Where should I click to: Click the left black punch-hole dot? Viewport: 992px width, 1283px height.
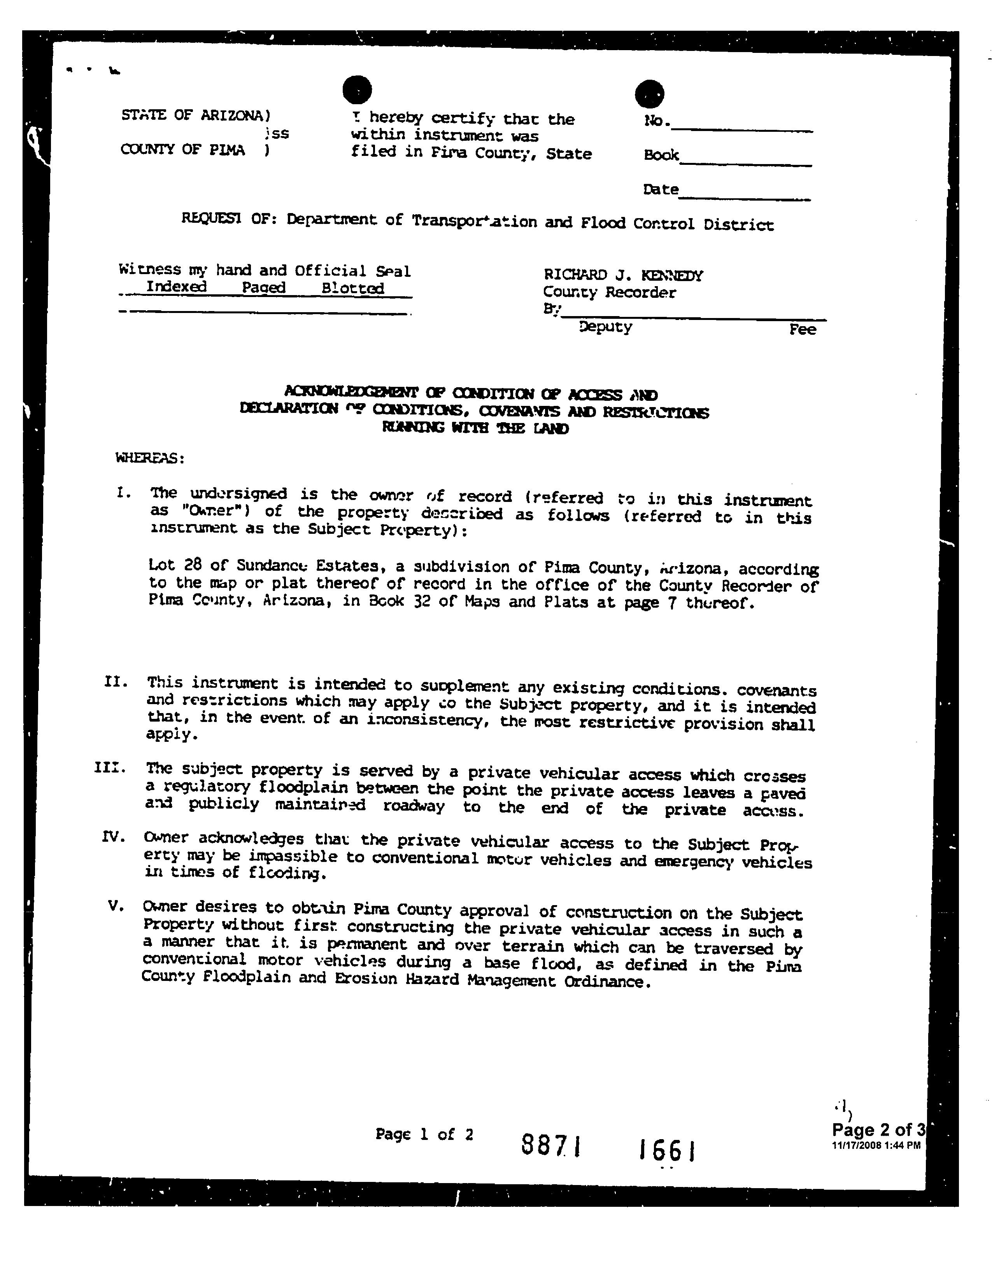(357, 90)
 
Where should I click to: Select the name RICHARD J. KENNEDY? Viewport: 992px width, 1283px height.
(623, 275)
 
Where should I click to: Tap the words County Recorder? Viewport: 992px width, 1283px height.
(609, 292)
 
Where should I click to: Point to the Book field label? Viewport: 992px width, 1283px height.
(661, 155)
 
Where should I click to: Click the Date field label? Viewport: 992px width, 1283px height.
(661, 190)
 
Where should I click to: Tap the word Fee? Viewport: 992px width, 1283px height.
(802, 330)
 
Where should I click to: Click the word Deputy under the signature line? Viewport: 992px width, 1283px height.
(605, 327)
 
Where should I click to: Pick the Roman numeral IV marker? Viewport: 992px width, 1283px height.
(114, 837)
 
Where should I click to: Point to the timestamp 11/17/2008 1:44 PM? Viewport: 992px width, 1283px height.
(876, 1145)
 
